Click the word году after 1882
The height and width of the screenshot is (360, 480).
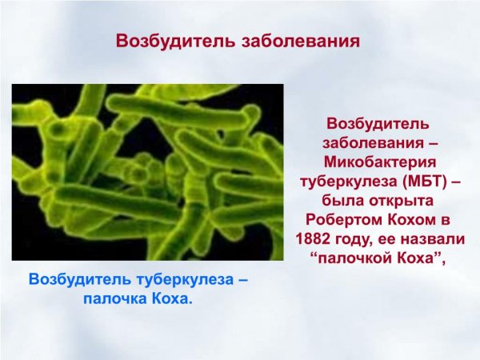coord(354,238)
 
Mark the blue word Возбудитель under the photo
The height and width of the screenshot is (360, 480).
coord(77,281)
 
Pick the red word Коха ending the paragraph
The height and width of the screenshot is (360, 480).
coord(422,257)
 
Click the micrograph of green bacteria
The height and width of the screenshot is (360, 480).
coord(147,171)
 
